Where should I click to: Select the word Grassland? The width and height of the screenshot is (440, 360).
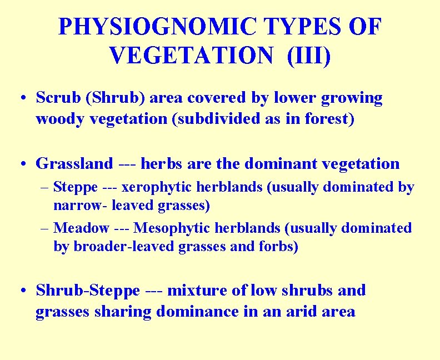(x=74, y=163)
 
